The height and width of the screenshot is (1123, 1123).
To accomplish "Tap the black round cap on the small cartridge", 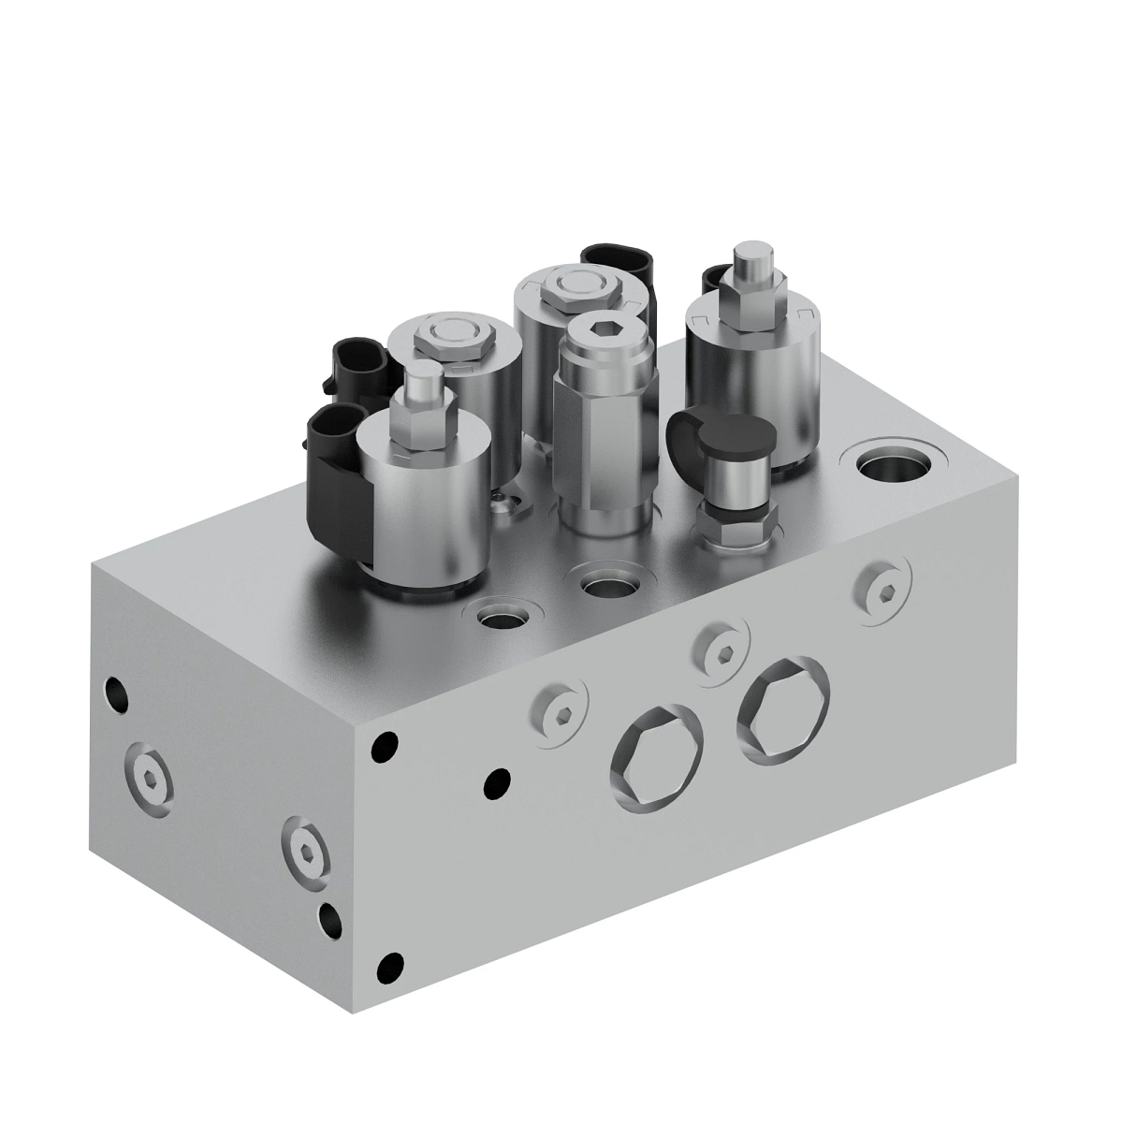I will (x=734, y=435).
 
